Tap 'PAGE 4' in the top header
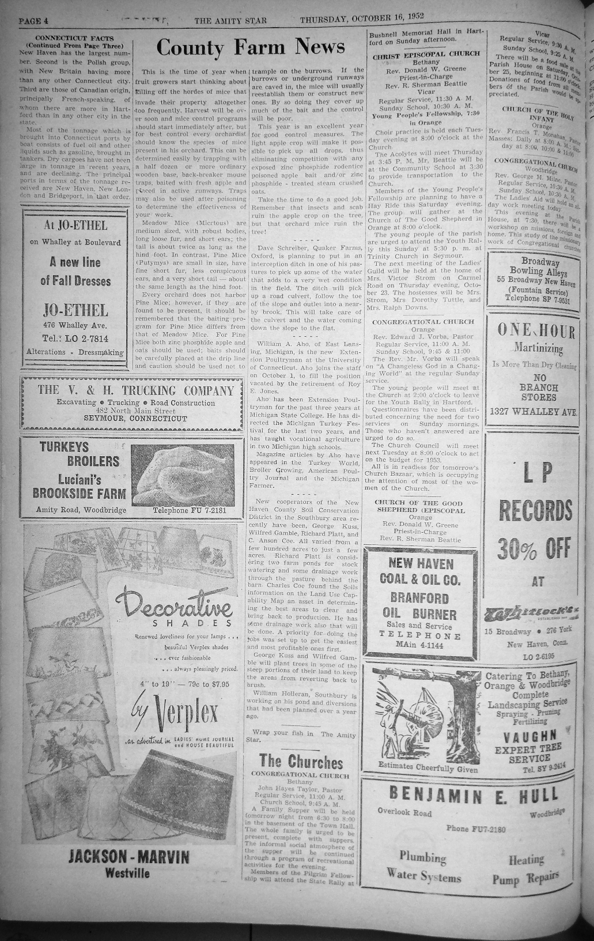point(33,21)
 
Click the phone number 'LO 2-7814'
point(75,338)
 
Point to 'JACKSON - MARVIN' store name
point(128,857)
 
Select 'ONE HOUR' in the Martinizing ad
point(536,332)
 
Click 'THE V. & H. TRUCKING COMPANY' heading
point(136,390)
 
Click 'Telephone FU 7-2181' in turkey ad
point(190,510)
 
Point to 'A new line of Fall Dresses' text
point(75,272)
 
